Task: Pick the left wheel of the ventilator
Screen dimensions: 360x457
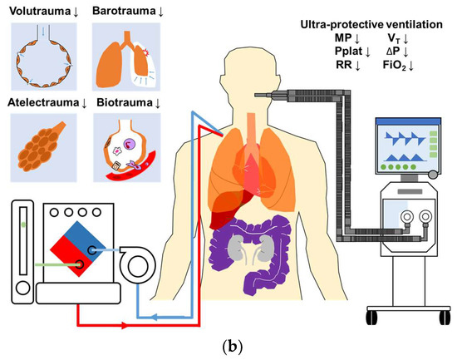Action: click(x=370, y=315)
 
